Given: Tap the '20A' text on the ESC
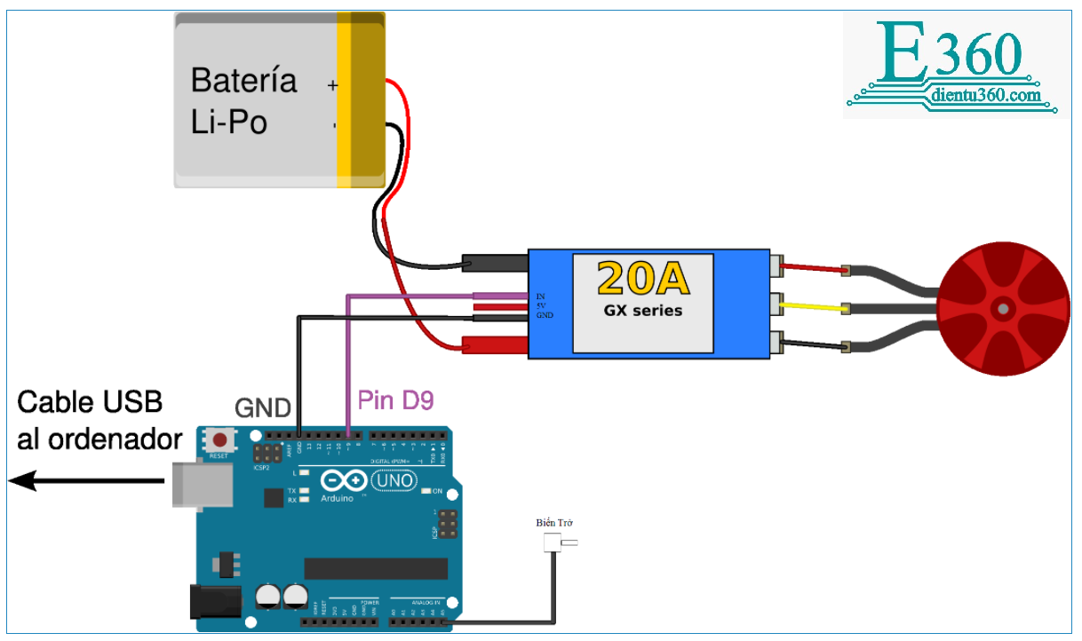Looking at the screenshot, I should click(643, 278).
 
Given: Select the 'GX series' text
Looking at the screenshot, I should click(643, 310).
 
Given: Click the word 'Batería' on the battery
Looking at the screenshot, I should click(243, 81).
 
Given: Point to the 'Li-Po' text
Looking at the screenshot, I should click(229, 123).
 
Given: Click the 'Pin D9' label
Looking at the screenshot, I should click(395, 400).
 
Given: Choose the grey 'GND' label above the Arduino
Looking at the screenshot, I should click(263, 408).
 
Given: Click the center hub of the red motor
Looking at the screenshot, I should click(1003, 308).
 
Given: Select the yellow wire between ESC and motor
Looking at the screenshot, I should click(813, 308).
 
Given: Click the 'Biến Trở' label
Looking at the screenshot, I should click(555, 523).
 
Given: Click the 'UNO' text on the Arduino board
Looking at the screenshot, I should click(393, 480).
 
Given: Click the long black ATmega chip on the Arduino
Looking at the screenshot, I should click(376, 568).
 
